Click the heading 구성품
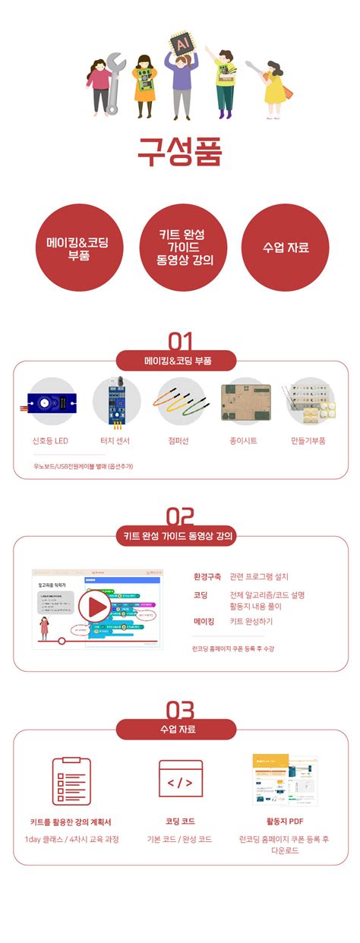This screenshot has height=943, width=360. (180, 151)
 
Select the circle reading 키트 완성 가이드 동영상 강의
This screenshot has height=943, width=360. (180, 248)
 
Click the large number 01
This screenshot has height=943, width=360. (180, 341)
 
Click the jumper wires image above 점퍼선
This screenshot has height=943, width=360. (180, 403)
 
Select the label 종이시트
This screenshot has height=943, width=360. (245, 440)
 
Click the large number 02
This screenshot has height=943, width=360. (180, 517)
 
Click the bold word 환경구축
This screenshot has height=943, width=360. (207, 577)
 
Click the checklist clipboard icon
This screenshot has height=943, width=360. (71, 781)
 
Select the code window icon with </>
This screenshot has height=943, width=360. (180, 780)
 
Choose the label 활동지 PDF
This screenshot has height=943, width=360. (285, 822)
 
